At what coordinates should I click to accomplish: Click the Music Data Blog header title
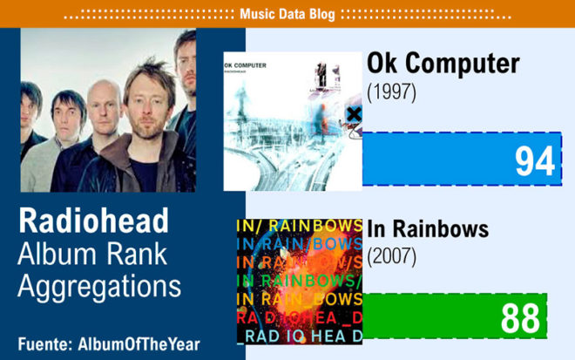pyautogui.click(x=287, y=14)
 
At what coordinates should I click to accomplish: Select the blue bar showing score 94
pyautogui.click(x=462, y=159)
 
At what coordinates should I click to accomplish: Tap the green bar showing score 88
pyautogui.click(x=455, y=316)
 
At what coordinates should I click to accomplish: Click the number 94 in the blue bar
pyautogui.click(x=535, y=160)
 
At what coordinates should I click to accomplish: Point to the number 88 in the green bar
pyautogui.click(x=520, y=318)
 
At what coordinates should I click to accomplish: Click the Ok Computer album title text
pyautogui.click(x=443, y=63)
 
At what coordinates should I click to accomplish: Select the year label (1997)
pyautogui.click(x=391, y=92)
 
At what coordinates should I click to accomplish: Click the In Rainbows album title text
pyautogui.click(x=428, y=229)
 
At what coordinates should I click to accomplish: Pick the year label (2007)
pyautogui.click(x=391, y=256)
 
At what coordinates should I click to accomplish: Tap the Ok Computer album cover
pyautogui.click(x=293, y=121)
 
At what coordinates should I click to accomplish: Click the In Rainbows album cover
pyautogui.click(x=300, y=282)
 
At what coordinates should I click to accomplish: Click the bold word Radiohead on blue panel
pyautogui.click(x=93, y=221)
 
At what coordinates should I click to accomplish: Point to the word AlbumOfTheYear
pyautogui.click(x=139, y=344)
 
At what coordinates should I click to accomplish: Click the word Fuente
pyautogui.click(x=44, y=344)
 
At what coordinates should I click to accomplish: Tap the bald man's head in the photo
pyautogui.click(x=105, y=104)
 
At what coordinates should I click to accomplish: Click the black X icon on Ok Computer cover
pyautogui.click(x=354, y=114)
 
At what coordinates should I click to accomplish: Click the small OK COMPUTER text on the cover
pyautogui.click(x=245, y=65)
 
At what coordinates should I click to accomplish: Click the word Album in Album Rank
pyautogui.click(x=57, y=254)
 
